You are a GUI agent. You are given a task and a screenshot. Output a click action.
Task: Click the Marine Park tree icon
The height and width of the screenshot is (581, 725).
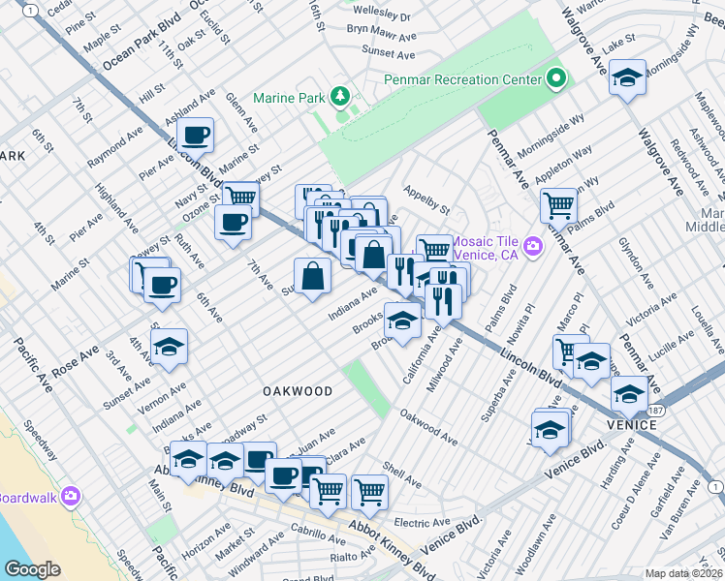pyautogui.click(x=339, y=96)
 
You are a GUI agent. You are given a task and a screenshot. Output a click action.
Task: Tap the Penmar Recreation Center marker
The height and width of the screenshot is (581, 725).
pyautogui.click(x=556, y=78)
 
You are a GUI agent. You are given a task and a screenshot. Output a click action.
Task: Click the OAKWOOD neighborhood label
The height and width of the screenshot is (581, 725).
pyautogui.click(x=298, y=391)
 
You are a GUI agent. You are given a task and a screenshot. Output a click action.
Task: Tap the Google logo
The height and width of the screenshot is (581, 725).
pyautogui.click(x=32, y=569)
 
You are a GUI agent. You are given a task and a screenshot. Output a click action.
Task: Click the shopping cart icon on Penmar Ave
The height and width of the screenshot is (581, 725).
pyautogui.click(x=558, y=205)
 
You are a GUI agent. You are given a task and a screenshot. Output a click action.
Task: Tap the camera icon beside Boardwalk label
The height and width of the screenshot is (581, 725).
pyautogui.click(x=70, y=498)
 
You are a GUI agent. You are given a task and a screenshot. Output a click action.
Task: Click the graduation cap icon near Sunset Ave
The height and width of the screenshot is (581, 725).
pyautogui.click(x=170, y=347)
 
